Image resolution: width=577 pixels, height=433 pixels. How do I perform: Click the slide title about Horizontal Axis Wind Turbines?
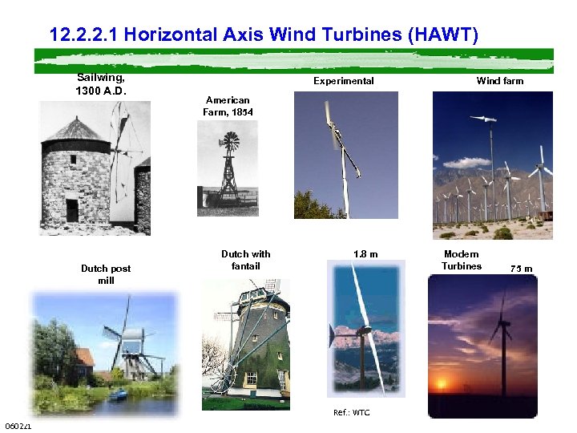point(264,35)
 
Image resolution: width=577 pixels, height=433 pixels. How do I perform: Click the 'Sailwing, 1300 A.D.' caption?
point(101,83)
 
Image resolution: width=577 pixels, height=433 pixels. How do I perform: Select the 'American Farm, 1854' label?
point(228,106)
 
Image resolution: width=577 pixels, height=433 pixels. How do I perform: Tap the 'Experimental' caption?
point(343,81)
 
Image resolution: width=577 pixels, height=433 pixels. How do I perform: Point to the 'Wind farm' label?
point(499,81)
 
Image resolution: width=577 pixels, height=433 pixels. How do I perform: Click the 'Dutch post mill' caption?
point(106,274)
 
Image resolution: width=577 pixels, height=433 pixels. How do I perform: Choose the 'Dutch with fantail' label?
point(245,260)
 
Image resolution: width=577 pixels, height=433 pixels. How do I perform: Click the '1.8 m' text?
point(365,254)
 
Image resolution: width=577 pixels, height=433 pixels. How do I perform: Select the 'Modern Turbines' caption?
point(462,260)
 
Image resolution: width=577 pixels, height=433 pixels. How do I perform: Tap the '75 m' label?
point(522,269)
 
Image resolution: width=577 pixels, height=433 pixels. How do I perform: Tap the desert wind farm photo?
point(492,164)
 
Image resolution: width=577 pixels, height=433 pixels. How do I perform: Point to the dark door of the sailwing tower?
point(72,210)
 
